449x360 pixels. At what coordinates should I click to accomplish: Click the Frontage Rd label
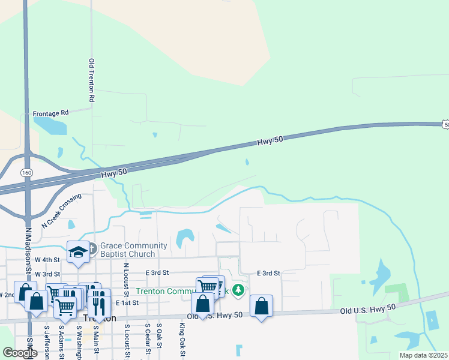point(51,112)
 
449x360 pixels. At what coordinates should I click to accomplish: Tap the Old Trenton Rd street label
point(92,80)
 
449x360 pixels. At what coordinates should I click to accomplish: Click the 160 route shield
point(26,172)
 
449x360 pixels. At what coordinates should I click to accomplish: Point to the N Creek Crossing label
point(61,211)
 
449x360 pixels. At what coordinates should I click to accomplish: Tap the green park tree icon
point(238,290)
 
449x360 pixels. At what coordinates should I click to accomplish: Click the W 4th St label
point(47,260)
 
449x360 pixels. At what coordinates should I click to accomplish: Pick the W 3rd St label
point(47,274)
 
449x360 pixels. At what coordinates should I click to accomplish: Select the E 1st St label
point(128,303)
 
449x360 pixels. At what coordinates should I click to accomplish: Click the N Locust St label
point(126,280)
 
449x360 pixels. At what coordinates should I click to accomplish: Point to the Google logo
point(20,353)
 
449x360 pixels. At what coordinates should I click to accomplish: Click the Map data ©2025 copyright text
point(423,355)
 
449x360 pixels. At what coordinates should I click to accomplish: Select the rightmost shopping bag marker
point(261,305)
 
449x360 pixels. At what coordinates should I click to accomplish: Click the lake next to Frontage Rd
point(50,125)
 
